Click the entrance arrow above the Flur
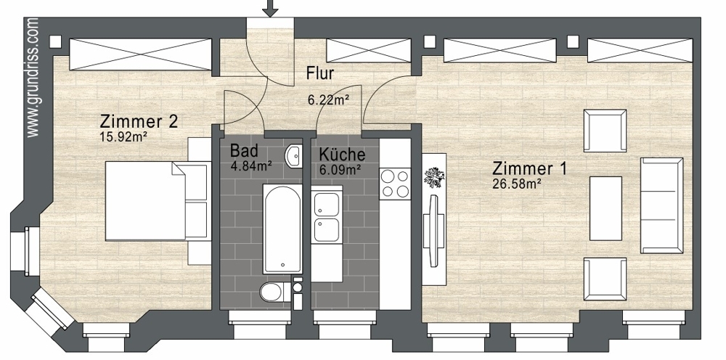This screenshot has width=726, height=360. (270, 8)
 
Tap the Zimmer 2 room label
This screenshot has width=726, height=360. (139, 122)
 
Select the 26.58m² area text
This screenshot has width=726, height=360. (518, 184)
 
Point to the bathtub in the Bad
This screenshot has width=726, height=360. (282, 229)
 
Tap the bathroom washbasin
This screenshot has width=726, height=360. (294, 156)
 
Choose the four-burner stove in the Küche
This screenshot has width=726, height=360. (395, 184)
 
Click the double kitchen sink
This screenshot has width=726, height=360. (327, 218)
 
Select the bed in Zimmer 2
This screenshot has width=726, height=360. (157, 201)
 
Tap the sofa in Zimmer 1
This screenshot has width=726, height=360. (661, 205)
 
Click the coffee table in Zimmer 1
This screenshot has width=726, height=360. (605, 208)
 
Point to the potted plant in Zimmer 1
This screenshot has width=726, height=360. (434, 177)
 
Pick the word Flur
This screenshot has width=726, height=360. (320, 73)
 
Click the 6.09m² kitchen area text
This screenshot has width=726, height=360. (340, 171)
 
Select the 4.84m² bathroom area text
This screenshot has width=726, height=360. (250, 165)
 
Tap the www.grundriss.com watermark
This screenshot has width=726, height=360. (33, 77)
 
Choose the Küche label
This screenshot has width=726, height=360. (342, 155)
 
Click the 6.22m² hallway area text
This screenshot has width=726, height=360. (328, 99)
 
